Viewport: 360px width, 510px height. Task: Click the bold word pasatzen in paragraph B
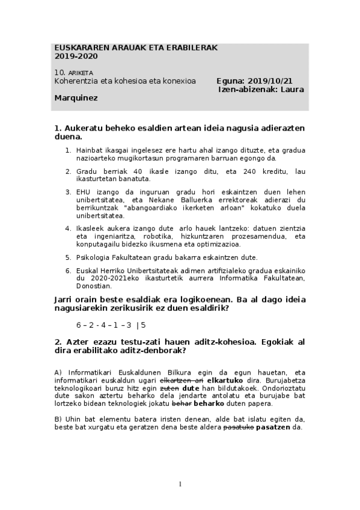[x=273, y=428]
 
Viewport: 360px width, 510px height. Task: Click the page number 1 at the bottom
[x=180, y=484]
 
